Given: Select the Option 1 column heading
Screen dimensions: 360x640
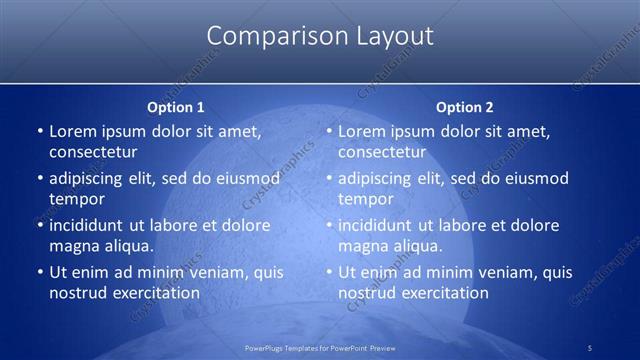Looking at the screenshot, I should pos(175,107).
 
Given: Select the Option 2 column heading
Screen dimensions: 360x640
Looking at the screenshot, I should pos(465,107).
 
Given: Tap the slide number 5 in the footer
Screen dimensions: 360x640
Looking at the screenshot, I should pos(590,346).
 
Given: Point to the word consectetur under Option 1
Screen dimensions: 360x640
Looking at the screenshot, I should pos(93,152).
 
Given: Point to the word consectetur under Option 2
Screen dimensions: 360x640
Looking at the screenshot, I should pos(382,152).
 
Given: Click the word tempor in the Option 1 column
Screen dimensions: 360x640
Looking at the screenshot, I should pos(75,199).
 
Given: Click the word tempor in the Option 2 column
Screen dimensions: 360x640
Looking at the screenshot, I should pos(364,199).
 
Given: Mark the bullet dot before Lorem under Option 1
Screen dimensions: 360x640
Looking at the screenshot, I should pos(39,131).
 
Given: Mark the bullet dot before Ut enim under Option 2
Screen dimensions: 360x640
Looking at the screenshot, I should pos(328,272).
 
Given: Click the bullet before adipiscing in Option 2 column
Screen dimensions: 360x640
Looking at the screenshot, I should pos(328,179).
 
